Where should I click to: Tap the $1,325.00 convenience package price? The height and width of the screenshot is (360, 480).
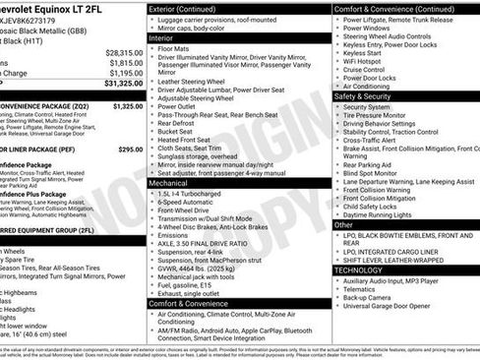point(128,104)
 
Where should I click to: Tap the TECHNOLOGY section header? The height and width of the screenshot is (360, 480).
point(358,269)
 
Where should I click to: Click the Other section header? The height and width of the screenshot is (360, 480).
point(343,224)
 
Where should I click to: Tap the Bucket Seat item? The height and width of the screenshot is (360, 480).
point(178,131)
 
